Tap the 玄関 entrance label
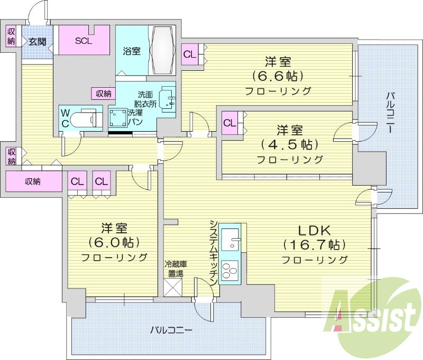[36, 41]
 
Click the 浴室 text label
[132, 51]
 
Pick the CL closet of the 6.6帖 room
[190, 54]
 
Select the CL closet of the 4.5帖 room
[229, 123]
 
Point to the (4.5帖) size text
[289, 144]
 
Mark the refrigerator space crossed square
[173, 288]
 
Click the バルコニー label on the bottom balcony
[170, 330]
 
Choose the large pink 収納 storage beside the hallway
[33, 181]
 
